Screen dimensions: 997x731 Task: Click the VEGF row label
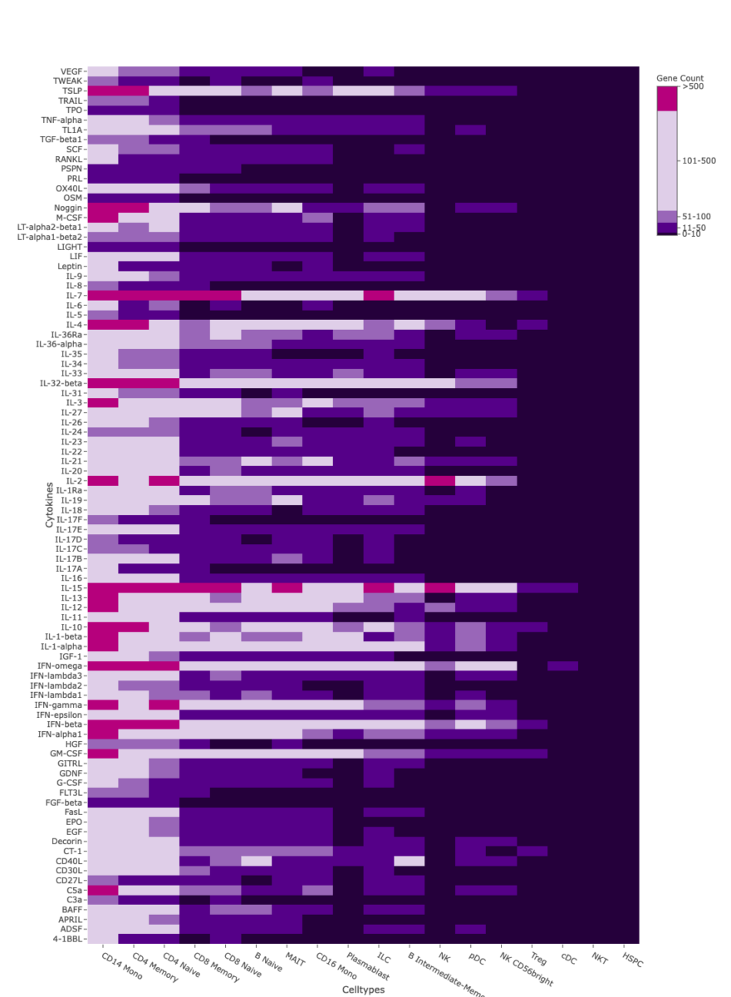click(71, 71)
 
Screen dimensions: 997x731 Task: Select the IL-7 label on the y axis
click(73, 296)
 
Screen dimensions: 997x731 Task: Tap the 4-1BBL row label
click(68, 939)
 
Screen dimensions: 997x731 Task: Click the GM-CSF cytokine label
click(66, 754)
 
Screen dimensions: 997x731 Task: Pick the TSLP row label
click(71, 91)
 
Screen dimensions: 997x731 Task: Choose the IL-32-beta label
click(61, 383)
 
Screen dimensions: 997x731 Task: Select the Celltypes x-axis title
click(364, 990)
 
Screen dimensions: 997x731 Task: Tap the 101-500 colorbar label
click(698, 160)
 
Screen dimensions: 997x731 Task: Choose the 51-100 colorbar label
click(697, 216)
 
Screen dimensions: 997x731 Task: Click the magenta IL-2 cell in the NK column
click(439, 480)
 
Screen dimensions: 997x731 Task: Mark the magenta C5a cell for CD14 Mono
click(103, 890)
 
